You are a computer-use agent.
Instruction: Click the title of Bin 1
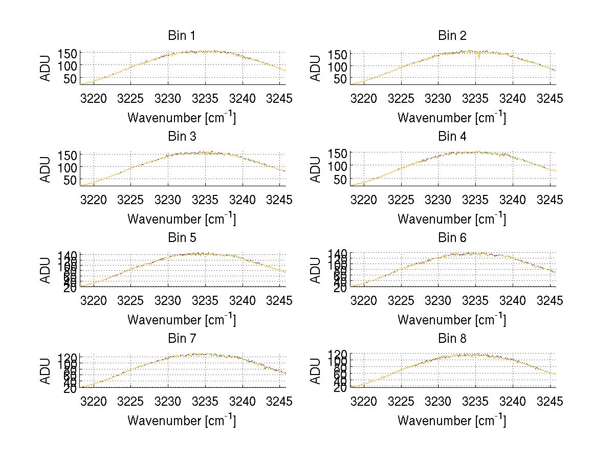[181, 36]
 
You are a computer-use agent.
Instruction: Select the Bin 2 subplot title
[452, 36]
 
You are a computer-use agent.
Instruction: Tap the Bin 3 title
[181, 137]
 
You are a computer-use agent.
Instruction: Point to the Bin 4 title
[452, 137]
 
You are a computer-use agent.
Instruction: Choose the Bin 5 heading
[181, 238]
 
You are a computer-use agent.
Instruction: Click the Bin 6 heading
[452, 238]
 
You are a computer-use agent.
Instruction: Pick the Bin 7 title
[181, 339]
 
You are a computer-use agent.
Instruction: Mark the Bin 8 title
[452, 339]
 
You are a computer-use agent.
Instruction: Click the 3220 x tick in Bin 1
[94, 99]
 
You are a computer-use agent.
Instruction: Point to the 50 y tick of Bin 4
[340, 180]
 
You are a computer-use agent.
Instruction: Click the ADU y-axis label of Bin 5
[47, 270]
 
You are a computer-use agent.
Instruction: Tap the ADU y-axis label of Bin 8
[317, 371]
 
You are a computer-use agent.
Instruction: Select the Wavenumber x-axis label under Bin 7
[182, 420]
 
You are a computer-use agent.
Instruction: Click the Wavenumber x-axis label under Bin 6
[452, 319]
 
